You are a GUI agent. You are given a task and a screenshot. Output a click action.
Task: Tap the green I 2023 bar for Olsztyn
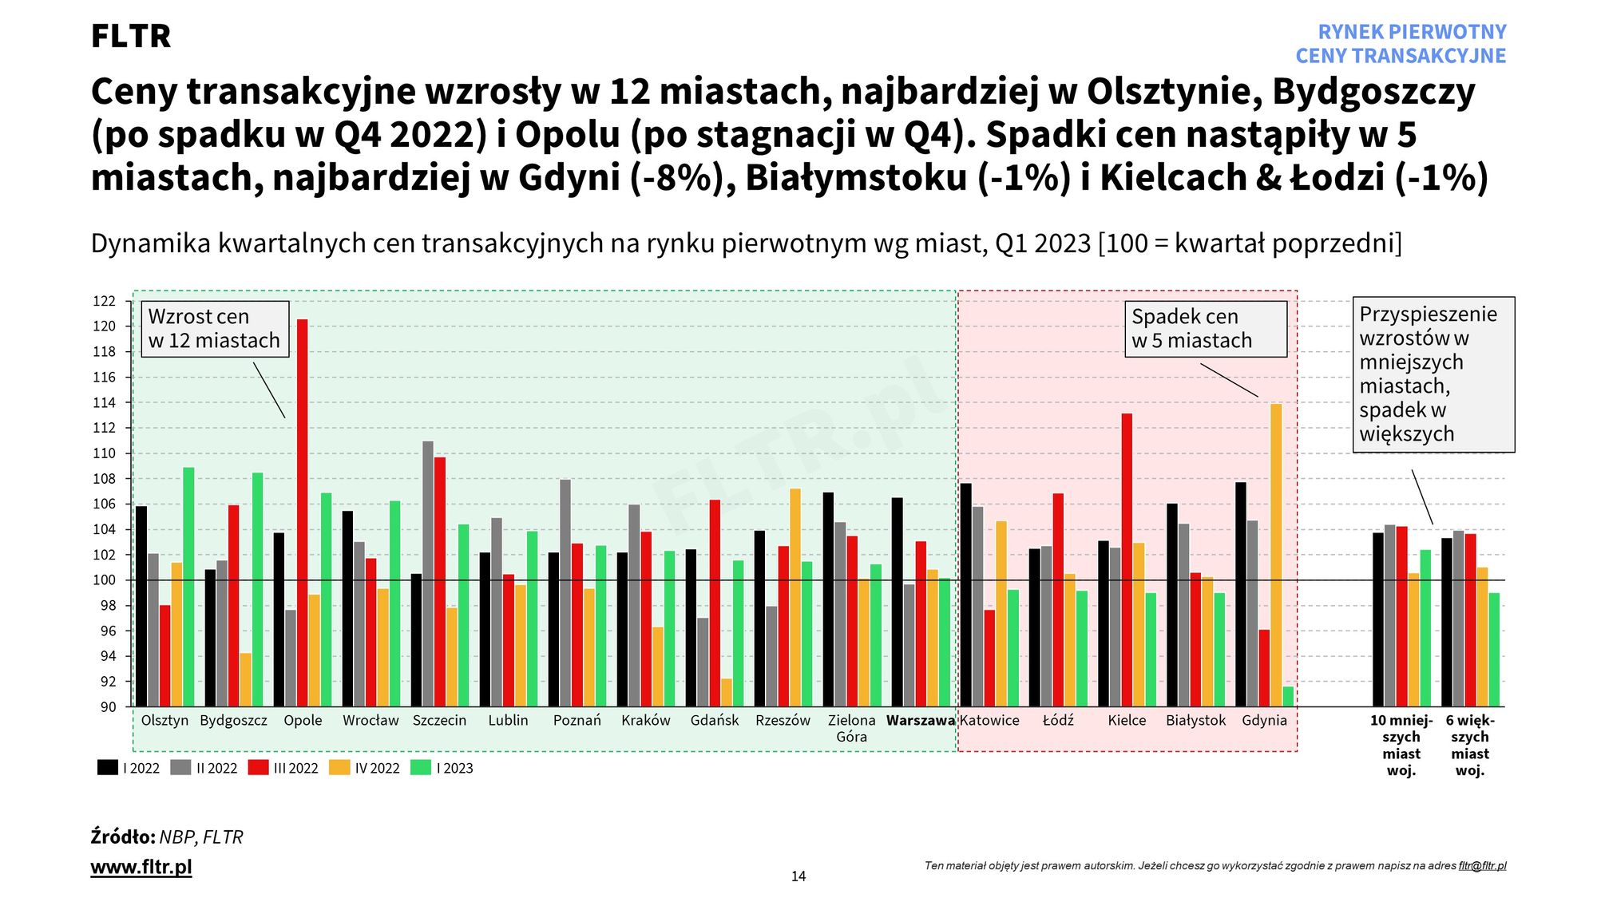coord(188,587)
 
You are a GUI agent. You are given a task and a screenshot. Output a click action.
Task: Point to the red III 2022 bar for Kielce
coord(1127,559)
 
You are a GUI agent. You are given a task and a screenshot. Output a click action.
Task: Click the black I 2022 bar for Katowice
coord(966,595)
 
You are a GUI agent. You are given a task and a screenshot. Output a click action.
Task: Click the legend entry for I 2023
coord(442,768)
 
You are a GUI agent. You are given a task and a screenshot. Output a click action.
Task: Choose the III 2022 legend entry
coord(284,768)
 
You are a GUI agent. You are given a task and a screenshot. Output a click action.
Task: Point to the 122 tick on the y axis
coord(104,301)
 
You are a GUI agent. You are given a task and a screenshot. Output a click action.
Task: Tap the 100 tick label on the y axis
coord(104,580)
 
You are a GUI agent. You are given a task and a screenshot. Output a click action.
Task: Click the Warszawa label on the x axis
coord(920,721)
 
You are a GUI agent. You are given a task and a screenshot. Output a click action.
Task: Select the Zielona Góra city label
coord(851,728)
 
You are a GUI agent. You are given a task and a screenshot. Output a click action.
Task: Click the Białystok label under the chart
coord(1195,721)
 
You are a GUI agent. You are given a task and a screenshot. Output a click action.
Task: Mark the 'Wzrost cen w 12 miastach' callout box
coord(214,329)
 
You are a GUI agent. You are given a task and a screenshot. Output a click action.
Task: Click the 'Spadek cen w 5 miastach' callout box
coord(1206,329)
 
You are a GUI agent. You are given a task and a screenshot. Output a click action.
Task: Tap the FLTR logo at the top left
coord(131,37)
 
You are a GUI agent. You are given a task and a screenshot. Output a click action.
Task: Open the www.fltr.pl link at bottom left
coord(141,867)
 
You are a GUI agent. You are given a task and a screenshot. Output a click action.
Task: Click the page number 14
coord(798,876)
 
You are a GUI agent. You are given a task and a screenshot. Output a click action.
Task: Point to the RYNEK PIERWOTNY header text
coord(1411,32)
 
